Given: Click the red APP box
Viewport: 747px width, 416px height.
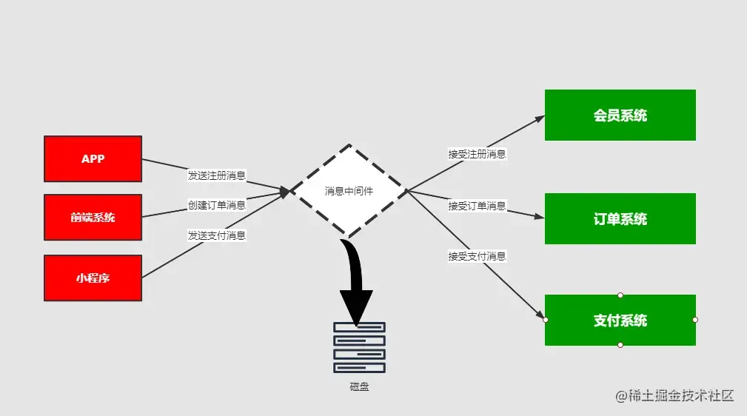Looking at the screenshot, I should [93, 158].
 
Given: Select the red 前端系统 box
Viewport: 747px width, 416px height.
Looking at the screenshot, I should [93, 217].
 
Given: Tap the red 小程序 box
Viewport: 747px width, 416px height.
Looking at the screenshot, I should [93, 278].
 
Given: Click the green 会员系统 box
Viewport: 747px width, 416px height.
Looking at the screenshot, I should [620, 115].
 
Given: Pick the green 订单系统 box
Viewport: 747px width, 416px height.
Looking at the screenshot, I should [620, 218].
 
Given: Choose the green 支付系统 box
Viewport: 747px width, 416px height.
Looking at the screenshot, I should [620, 320].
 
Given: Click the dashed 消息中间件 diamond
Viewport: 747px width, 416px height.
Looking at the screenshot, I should [349, 191].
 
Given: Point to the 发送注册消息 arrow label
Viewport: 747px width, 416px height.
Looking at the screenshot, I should [216, 176].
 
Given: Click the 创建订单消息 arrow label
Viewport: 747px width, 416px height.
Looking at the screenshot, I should [216, 205].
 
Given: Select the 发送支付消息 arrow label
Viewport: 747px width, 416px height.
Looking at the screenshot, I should [216, 235].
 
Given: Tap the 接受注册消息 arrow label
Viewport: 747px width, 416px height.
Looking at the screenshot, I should [477, 155].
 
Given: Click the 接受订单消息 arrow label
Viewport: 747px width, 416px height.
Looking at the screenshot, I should [477, 206].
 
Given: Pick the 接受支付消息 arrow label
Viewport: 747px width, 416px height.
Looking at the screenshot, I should [477, 256].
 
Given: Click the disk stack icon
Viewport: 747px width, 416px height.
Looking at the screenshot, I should [359, 347].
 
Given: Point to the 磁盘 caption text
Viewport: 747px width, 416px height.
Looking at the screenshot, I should [359, 386].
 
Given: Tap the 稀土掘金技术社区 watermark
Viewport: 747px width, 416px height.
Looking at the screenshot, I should [674, 396].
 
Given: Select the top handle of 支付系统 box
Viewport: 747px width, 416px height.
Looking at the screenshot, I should [620, 295].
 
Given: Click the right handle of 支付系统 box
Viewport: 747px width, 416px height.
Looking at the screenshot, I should [695, 320].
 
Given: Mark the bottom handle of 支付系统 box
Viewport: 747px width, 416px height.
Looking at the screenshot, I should [620, 345].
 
